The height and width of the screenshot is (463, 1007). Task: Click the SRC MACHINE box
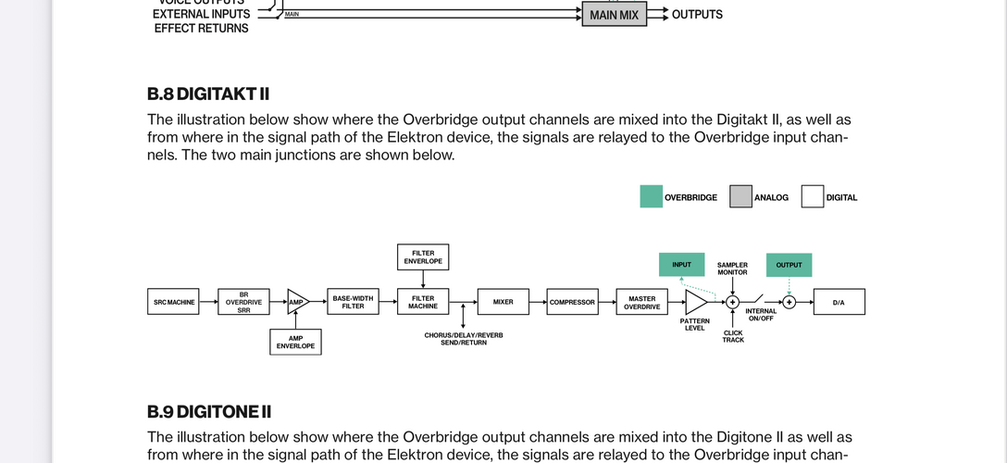coord(173,302)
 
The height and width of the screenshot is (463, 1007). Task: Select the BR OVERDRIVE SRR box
coord(243,302)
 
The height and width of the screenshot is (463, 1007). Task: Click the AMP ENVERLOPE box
coord(295,343)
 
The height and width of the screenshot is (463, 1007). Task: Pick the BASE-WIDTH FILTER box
coord(353,302)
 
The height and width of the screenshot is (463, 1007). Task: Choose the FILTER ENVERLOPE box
coord(423,257)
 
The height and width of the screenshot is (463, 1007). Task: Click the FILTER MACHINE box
coord(423,302)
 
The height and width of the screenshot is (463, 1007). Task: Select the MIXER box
coord(503,302)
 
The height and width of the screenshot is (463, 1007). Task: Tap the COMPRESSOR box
coord(572,302)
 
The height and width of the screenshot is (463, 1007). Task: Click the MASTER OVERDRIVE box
coord(641,302)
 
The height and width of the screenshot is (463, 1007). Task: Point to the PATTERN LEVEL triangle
coord(695,302)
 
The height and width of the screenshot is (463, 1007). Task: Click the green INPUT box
coord(681,265)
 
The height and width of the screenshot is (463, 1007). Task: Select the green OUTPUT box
coord(789,265)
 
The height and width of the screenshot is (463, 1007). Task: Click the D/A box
coord(839,302)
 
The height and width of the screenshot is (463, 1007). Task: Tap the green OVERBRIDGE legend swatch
coord(651,196)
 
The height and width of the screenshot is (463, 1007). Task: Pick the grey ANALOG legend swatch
coord(740,196)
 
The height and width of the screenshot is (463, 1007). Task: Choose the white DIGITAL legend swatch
coord(812,196)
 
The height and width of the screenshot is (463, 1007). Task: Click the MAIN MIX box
coord(614,15)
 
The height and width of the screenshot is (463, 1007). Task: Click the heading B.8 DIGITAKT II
coord(208,94)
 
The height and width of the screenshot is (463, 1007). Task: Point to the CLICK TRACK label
coord(733,336)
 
